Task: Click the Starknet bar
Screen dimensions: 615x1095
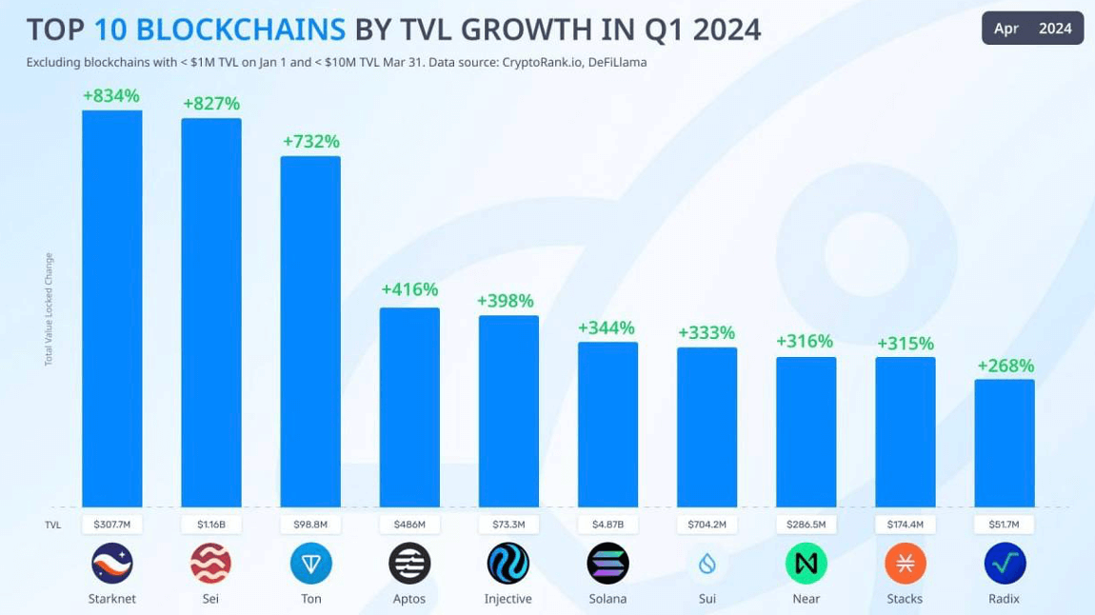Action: click(x=112, y=308)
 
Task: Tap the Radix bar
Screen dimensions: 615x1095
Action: click(x=1005, y=443)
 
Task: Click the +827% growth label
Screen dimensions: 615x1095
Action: click(x=211, y=104)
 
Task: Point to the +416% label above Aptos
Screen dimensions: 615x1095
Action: click(x=409, y=289)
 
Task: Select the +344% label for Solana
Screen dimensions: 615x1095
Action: click(x=607, y=328)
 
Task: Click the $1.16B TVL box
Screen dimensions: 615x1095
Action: click(x=211, y=525)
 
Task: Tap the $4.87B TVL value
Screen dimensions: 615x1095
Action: click(x=607, y=525)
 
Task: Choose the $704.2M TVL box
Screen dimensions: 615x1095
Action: click(x=707, y=525)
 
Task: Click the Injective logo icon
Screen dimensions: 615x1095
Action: click(x=508, y=564)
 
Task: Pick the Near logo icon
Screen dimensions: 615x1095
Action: click(x=806, y=565)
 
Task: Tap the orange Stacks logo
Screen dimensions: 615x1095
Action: click(x=905, y=565)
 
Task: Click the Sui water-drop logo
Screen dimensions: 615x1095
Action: click(x=707, y=565)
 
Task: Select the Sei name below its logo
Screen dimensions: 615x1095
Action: click(x=211, y=599)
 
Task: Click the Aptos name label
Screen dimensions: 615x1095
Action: click(x=409, y=599)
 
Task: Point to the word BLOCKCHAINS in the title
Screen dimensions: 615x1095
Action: click(x=241, y=30)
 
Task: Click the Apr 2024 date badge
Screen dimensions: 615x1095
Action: click(x=1032, y=29)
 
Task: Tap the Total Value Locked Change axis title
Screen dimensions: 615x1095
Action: click(x=49, y=309)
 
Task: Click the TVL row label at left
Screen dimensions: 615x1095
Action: click(x=53, y=525)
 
